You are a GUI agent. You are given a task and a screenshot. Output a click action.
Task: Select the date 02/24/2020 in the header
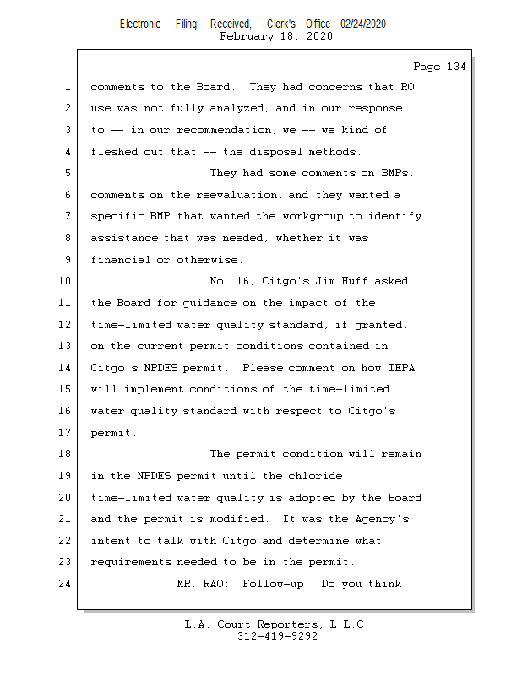point(363,24)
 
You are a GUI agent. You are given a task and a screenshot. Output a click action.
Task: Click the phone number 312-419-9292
point(277,636)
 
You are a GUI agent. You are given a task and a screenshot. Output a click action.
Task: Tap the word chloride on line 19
point(316,476)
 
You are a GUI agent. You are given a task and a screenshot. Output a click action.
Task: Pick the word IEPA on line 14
point(402,368)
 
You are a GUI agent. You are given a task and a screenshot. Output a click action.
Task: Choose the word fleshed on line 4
point(114,152)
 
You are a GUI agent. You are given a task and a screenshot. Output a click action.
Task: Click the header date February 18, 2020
point(276,36)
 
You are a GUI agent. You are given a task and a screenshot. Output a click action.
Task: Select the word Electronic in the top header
point(140,24)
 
